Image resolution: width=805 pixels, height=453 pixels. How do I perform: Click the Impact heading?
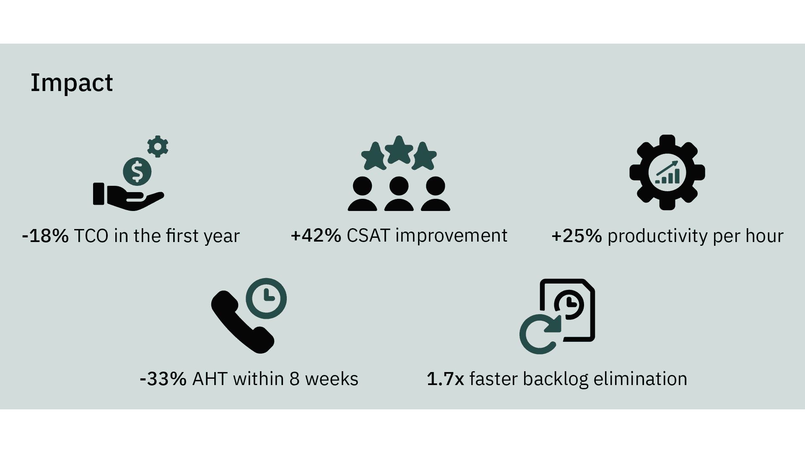click(72, 83)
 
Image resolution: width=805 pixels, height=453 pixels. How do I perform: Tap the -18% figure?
click(45, 236)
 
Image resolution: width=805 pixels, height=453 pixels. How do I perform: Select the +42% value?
click(316, 236)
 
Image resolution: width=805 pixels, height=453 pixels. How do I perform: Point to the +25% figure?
click(577, 236)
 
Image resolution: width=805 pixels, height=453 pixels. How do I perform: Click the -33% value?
click(163, 379)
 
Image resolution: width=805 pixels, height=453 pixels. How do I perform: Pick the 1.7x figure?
click(445, 379)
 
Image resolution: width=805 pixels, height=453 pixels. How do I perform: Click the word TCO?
click(91, 236)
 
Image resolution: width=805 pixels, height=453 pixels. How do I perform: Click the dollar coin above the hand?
click(137, 171)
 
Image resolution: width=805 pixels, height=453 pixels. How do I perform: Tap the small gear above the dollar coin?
click(158, 146)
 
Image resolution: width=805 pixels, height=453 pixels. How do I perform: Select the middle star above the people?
click(399, 150)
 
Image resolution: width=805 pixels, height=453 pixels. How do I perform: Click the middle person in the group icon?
click(399, 193)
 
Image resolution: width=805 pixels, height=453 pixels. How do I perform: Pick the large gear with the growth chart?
click(667, 172)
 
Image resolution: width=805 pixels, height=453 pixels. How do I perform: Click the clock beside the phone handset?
click(266, 298)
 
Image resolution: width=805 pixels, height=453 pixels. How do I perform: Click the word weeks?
click(331, 379)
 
